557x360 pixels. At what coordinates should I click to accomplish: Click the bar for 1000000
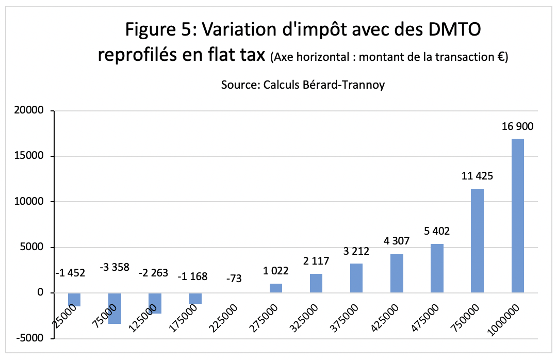click(517, 216)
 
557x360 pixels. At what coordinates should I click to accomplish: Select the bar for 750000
click(477, 241)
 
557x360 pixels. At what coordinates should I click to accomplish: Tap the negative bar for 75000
click(114, 308)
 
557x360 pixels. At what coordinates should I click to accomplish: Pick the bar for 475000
click(437, 268)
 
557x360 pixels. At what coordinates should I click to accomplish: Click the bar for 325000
click(316, 283)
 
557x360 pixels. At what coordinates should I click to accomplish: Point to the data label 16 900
click(517, 126)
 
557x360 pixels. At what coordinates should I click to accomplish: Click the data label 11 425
click(477, 176)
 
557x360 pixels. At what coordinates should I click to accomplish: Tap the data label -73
click(235, 279)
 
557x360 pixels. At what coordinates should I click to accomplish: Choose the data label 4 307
click(397, 241)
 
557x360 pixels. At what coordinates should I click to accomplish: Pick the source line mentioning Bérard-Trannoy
click(303, 85)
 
